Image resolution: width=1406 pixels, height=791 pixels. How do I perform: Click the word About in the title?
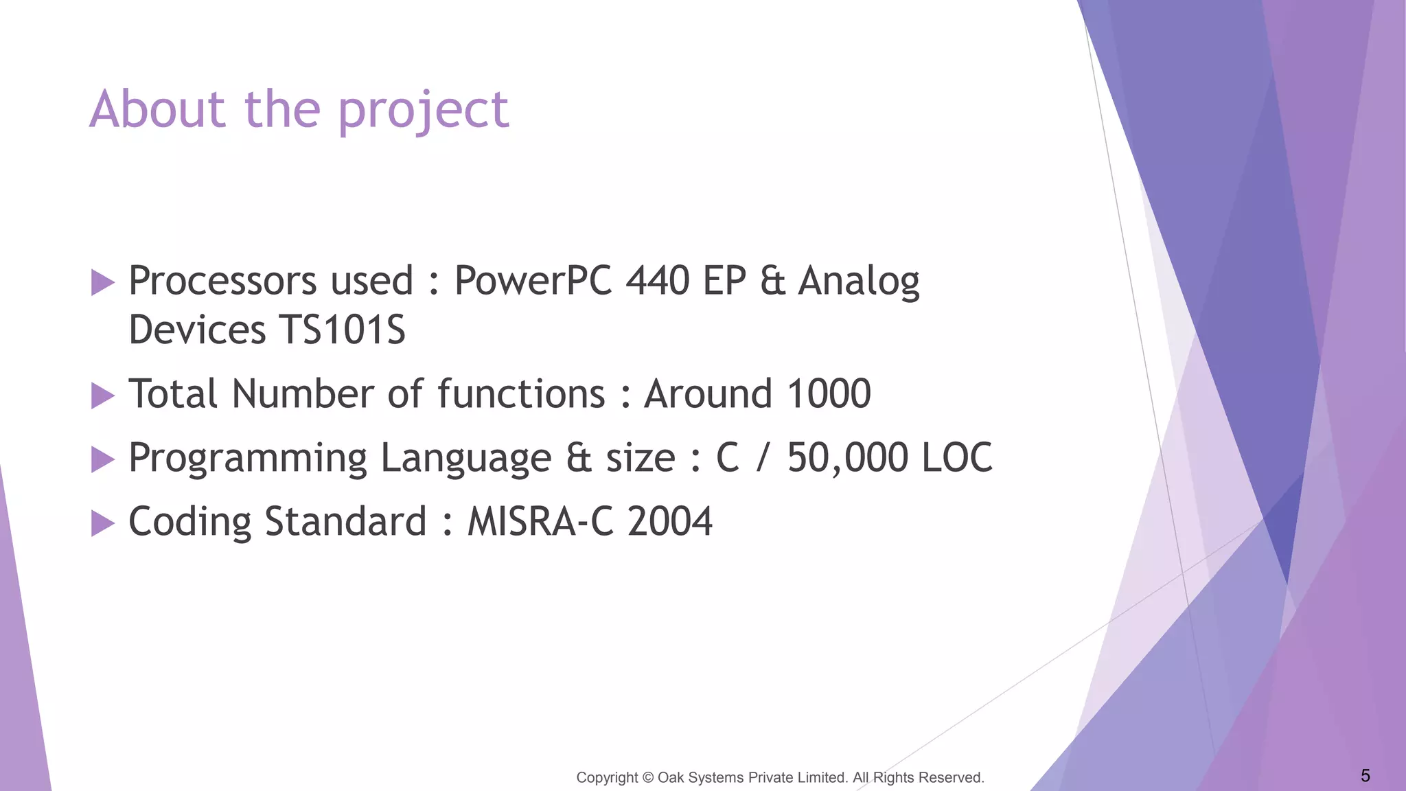pyautogui.click(x=157, y=109)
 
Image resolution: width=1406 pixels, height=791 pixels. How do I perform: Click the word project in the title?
pyautogui.click(x=424, y=111)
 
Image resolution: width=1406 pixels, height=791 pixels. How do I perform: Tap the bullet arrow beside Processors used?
pyautogui.click(x=102, y=282)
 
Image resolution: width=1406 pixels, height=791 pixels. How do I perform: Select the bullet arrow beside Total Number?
pyautogui.click(x=102, y=395)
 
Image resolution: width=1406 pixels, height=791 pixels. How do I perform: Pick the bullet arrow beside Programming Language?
pyautogui.click(x=102, y=459)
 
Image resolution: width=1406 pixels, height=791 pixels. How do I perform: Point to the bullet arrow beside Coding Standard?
pyautogui.click(x=102, y=523)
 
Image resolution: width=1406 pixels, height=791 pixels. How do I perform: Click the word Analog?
pyautogui.click(x=858, y=282)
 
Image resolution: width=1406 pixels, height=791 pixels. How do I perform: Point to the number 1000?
pyautogui.click(x=829, y=394)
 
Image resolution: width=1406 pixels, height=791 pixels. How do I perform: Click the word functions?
pyautogui.click(x=521, y=394)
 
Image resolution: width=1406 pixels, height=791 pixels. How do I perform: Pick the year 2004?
pyautogui.click(x=670, y=522)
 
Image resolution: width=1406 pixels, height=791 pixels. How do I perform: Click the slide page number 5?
pyautogui.click(x=1365, y=776)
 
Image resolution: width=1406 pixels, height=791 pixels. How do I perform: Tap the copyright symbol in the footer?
pyautogui.click(x=648, y=778)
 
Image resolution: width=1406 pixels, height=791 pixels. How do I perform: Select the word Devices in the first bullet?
pyautogui.click(x=196, y=330)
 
